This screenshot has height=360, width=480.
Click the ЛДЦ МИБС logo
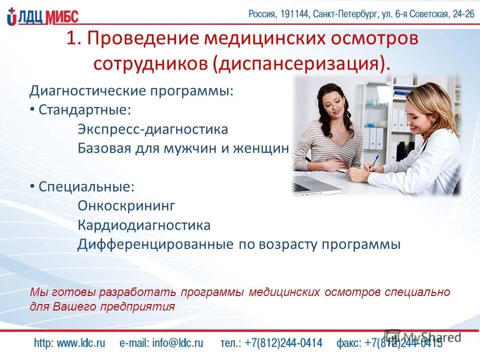43,16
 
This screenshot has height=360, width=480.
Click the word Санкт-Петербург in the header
344,14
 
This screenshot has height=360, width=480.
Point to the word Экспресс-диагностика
152,129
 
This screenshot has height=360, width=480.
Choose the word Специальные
86,187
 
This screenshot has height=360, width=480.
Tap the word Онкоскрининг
126,205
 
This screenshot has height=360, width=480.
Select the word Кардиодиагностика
144,225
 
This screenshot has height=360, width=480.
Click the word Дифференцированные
155,244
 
